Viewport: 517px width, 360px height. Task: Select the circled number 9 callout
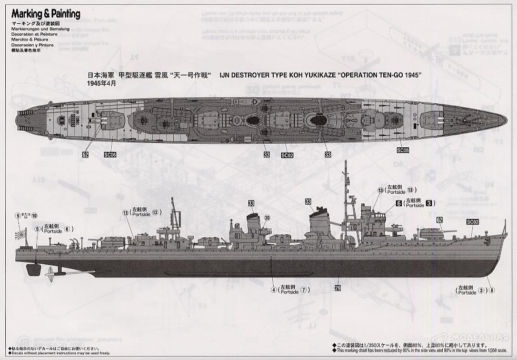pos(18,215)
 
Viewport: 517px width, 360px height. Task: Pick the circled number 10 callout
pos(34,215)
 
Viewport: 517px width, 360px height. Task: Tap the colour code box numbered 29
pos(337,288)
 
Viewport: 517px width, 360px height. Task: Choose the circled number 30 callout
pos(267,218)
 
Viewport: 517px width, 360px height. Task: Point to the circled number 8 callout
pos(492,289)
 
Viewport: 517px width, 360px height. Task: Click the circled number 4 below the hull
pos(273,289)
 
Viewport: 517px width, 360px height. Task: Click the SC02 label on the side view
pos(472,222)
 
